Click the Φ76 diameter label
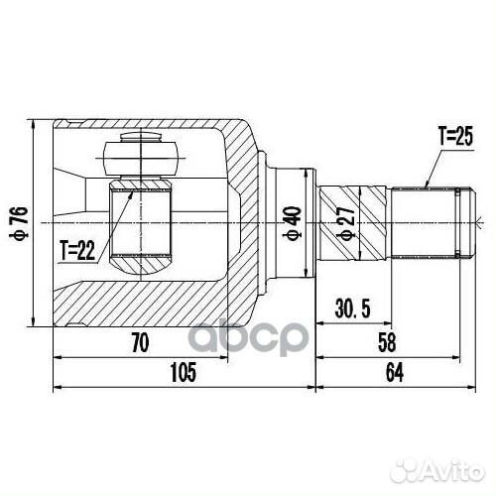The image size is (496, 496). (19, 222)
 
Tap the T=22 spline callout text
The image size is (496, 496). (77, 250)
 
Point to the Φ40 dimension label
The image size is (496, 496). (293, 223)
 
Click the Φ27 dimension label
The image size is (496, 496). (346, 223)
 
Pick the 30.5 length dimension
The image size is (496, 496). (352, 309)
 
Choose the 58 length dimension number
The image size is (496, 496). (387, 342)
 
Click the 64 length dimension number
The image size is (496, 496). (395, 373)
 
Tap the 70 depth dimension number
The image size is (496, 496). (140, 342)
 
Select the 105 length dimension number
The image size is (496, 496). (184, 372)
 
